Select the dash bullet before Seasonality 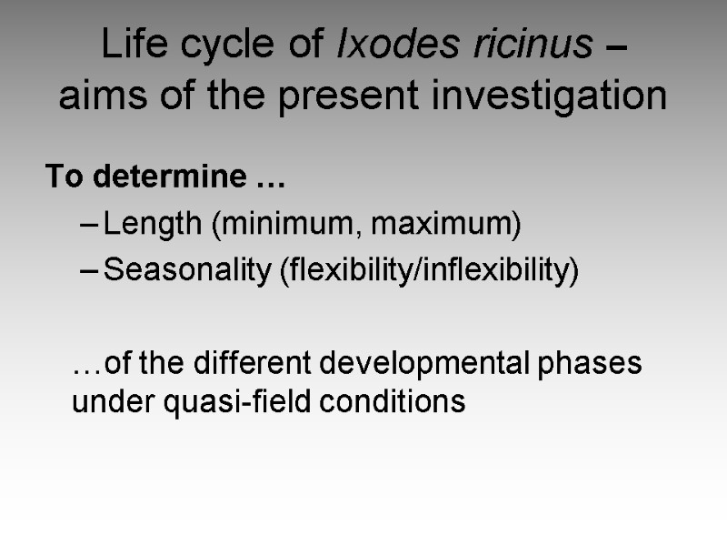coord(88,271)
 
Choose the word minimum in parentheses coord(284,225)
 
